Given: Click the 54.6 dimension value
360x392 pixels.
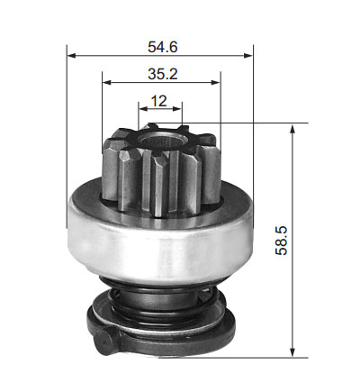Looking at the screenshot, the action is click(163, 47).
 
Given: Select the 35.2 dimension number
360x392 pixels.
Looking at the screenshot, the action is click(163, 74).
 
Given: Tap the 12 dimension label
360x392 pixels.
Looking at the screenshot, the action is click(158, 101).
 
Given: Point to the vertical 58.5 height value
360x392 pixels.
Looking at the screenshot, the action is click(281, 241).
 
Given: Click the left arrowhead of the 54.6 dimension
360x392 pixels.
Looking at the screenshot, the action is click(71, 56).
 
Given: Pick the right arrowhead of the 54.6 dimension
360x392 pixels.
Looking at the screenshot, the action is click(248, 56).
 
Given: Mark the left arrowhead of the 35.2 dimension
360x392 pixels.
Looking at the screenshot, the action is click(107, 82).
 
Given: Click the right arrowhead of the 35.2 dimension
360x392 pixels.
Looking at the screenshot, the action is click(216, 82).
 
